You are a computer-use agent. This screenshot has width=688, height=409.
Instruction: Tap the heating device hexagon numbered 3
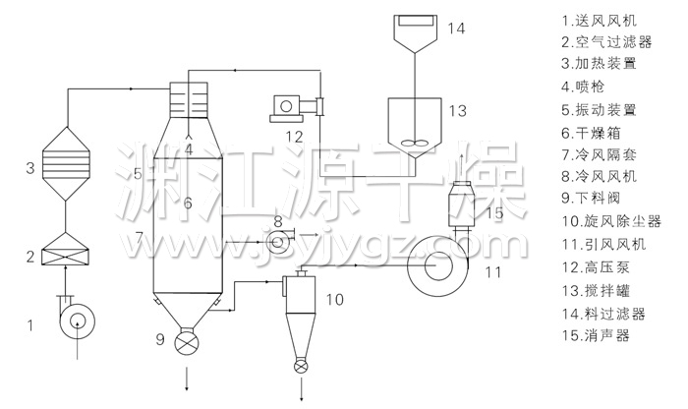[66, 163]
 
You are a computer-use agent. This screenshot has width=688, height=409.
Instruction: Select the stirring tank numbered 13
[415, 122]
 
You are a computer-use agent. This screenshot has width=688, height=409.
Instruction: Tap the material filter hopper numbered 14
[415, 33]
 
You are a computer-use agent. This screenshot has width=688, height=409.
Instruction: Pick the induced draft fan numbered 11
[437, 267]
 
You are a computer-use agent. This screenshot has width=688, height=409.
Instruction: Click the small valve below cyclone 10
[301, 367]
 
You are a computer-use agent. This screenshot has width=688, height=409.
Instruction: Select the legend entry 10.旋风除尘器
[611, 221]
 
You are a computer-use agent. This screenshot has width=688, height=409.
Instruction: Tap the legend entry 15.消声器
[596, 335]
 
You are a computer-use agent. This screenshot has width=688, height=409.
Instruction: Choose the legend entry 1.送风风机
[600, 21]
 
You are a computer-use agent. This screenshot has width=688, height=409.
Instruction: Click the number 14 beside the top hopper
[456, 29]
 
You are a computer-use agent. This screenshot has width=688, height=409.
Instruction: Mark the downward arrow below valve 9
[187, 378]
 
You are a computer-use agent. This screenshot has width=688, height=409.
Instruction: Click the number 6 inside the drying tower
[188, 203]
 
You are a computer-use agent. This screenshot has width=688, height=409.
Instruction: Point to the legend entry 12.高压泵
[596, 266]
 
